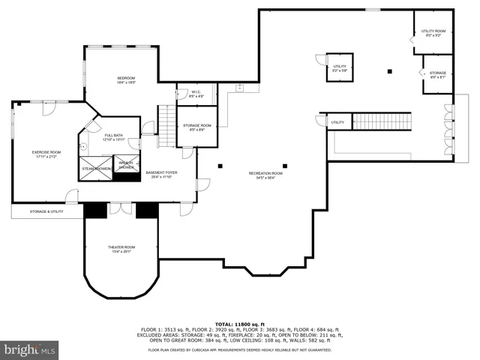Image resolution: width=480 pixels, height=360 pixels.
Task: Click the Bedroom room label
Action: point(125,80)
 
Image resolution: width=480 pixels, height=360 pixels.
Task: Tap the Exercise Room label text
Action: point(46,154)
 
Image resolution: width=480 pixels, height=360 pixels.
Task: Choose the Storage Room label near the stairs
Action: point(197,127)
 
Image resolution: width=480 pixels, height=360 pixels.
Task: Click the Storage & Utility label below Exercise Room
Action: point(46,212)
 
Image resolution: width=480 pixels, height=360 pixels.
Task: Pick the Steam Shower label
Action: point(96,169)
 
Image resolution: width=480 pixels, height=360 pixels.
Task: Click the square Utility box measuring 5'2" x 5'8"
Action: point(340,68)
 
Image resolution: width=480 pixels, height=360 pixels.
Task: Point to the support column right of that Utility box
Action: point(389,72)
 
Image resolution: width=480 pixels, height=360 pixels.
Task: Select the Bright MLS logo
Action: point(30,349)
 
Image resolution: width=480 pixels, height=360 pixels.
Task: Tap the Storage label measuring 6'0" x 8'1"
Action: point(438,74)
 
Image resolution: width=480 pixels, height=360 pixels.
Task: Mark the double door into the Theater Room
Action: point(120,207)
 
